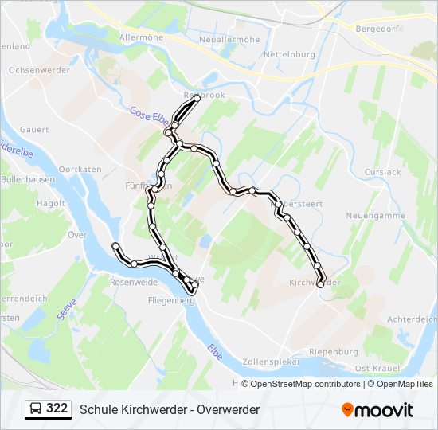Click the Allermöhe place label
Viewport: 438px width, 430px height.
tap(141, 37)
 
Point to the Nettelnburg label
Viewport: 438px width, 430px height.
tap(291, 55)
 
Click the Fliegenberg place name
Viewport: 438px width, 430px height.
tap(171, 301)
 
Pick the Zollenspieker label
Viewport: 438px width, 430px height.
tap(273, 361)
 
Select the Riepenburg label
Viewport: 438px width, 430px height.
tap(333, 351)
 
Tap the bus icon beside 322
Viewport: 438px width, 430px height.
tap(34, 409)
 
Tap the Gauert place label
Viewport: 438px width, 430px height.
tap(34, 129)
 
